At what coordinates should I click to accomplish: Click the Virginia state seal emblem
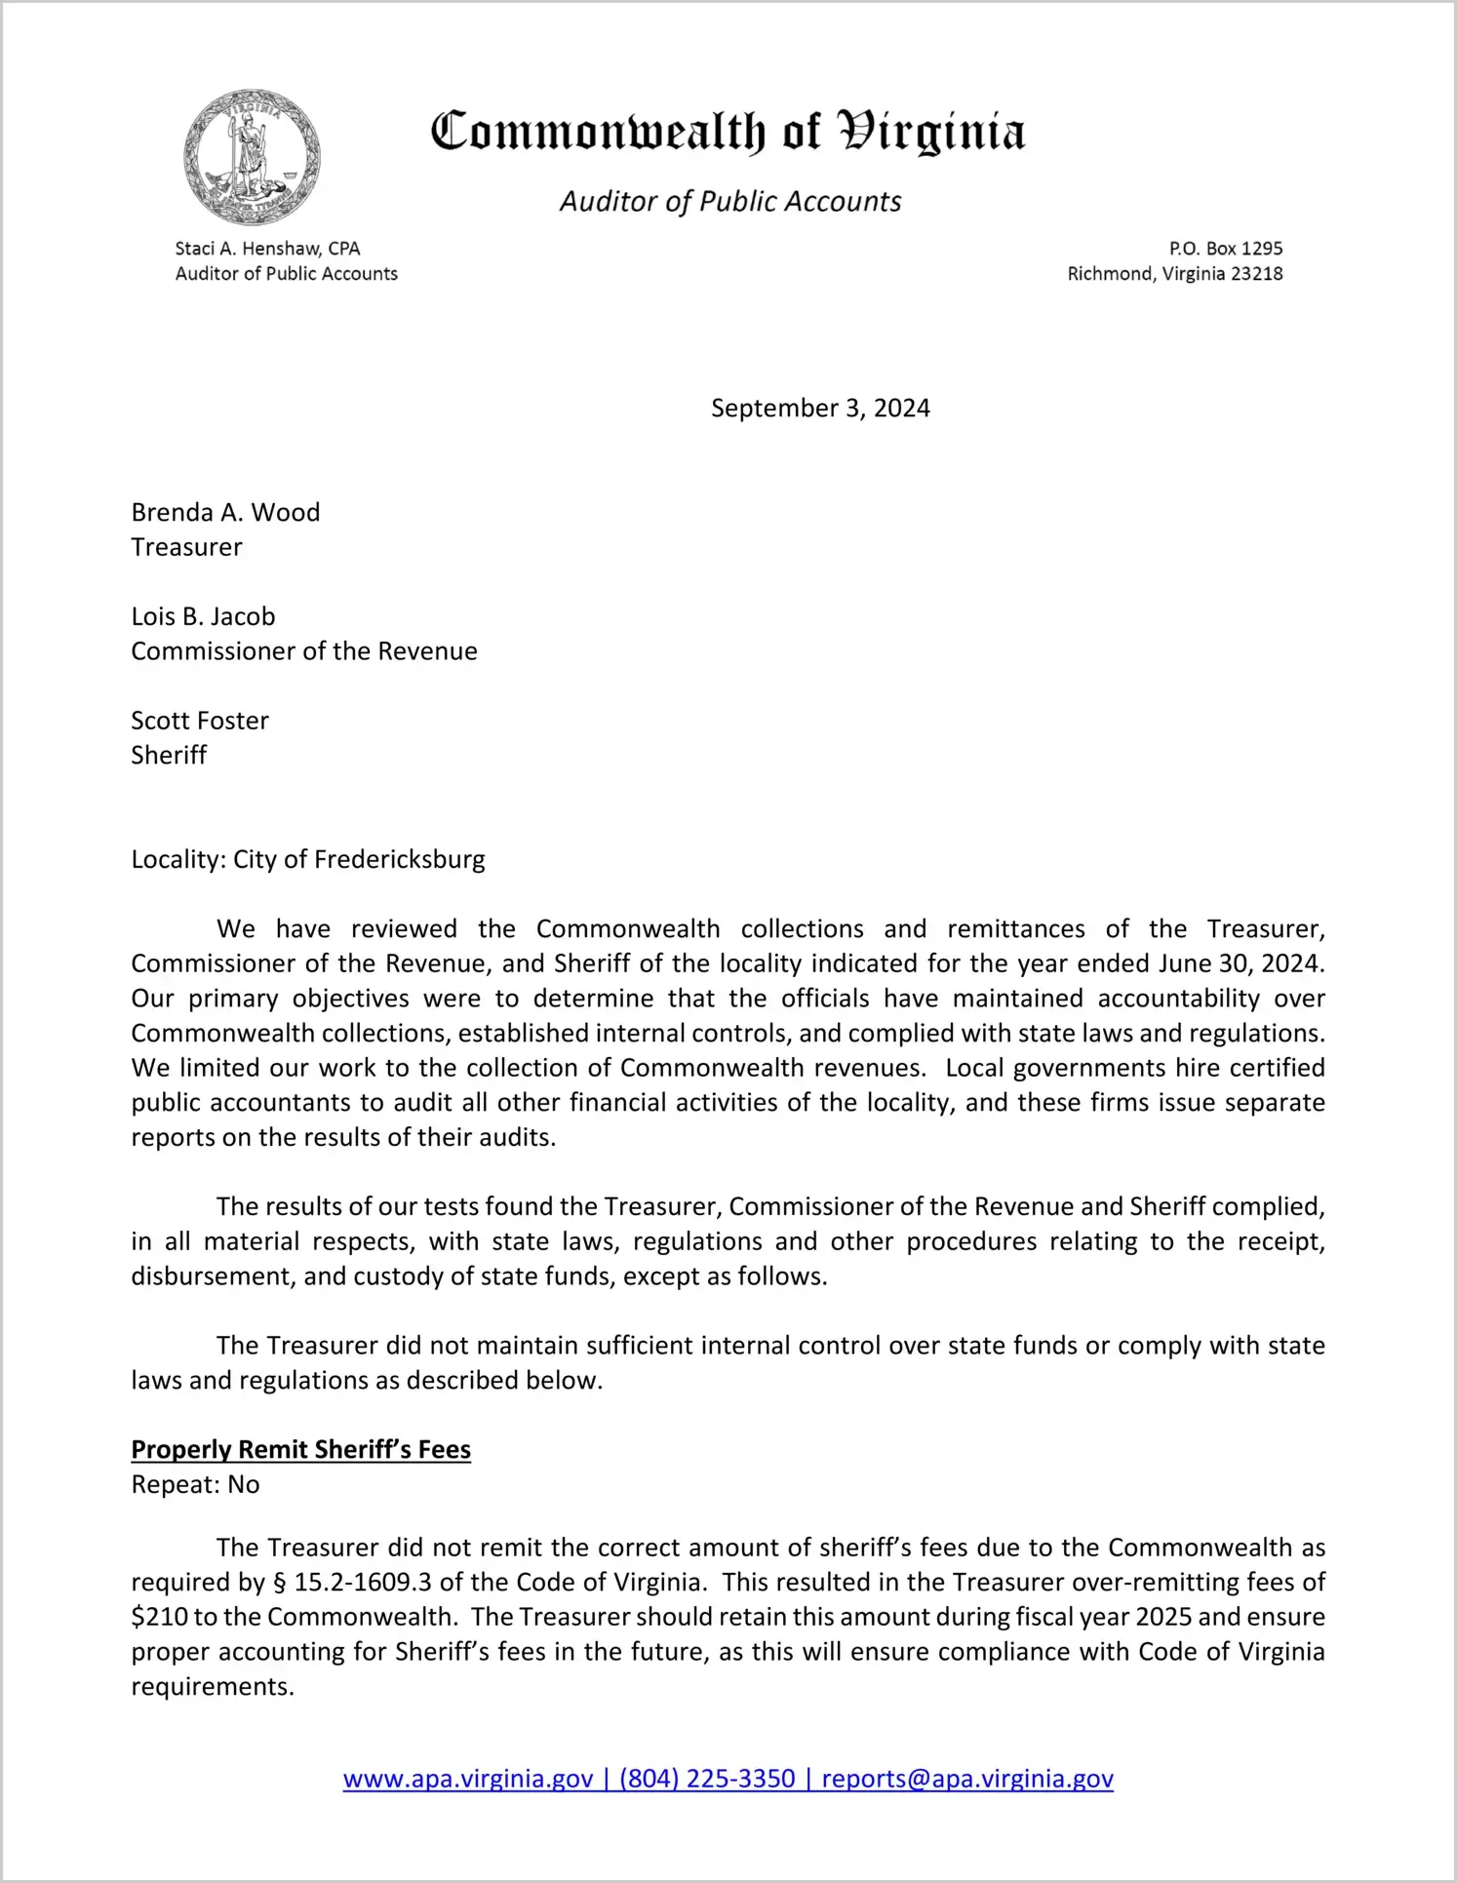coord(252,156)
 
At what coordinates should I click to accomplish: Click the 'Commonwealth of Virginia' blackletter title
coord(728,132)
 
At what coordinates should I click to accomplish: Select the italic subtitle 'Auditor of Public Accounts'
coord(729,201)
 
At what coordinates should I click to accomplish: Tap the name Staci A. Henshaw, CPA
coord(267,249)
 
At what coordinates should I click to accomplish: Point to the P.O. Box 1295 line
coord(1225,249)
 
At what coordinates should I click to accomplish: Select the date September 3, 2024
coord(819,408)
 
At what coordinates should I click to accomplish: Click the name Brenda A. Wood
coord(225,513)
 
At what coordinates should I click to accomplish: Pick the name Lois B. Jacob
coord(203,616)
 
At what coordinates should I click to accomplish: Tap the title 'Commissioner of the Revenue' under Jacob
coord(304,651)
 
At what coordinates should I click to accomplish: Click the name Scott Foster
coord(200,721)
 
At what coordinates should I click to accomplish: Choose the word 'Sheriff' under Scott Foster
coord(169,756)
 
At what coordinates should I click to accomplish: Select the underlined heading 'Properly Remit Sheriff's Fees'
coord(300,1450)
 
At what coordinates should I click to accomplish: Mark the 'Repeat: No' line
coord(195,1485)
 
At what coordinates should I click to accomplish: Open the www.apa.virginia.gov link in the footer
coord(468,1779)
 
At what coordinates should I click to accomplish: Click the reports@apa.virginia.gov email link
coord(966,1779)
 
